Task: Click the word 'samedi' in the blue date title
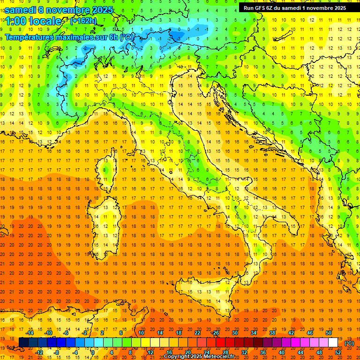22,10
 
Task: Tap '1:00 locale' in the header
33,21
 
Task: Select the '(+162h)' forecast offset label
83,21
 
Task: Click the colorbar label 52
338,352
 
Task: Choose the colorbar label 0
93,352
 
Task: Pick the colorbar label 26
216,333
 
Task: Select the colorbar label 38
272,333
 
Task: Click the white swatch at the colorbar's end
333,342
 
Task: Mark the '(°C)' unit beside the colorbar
349,343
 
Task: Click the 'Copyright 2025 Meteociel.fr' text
202,357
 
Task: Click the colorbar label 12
150,352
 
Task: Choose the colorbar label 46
310,333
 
